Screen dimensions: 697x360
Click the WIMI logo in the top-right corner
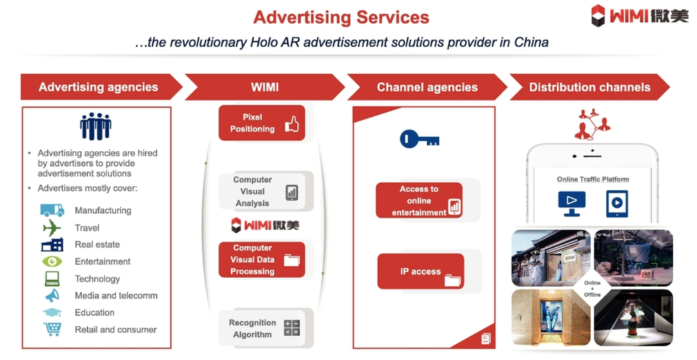click(x=639, y=15)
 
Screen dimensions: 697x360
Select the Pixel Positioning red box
click(x=262, y=123)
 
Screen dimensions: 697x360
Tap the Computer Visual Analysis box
click(x=262, y=191)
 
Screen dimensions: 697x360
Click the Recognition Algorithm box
click(x=262, y=328)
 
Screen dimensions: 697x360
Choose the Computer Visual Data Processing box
click(x=262, y=259)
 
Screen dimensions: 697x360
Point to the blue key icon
click(x=419, y=139)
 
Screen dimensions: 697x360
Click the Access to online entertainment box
click(x=419, y=201)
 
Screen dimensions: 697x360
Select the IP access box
click(x=421, y=272)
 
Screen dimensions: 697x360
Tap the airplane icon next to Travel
click(x=52, y=228)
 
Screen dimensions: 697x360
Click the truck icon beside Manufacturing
click(x=52, y=210)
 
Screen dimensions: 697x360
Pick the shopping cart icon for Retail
click(x=52, y=329)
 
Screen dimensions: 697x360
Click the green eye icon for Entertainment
click(x=52, y=261)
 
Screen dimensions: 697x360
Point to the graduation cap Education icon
click(x=52, y=312)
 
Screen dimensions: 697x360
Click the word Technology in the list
click(x=97, y=279)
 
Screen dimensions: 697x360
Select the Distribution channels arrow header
click(x=589, y=87)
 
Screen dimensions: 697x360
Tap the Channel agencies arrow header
click(x=427, y=87)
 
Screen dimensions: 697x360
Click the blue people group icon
click(x=96, y=126)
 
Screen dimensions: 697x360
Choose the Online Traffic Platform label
click(x=593, y=179)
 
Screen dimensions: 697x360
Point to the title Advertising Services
click(x=341, y=17)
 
